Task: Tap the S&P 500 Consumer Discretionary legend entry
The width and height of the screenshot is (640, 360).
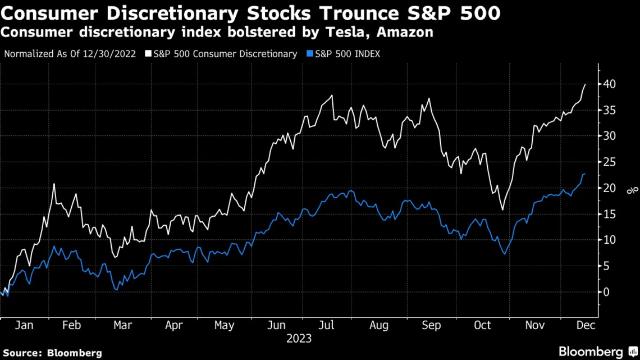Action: tap(224, 54)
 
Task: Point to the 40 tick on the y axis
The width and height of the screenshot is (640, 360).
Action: tap(610, 84)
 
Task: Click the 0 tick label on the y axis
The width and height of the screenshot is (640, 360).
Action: tap(607, 292)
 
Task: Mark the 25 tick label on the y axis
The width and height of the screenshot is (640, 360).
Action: tap(610, 162)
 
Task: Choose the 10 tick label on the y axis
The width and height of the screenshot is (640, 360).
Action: tap(610, 240)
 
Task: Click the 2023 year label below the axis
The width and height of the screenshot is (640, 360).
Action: tap(299, 339)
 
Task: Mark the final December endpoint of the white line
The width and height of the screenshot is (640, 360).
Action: tap(586, 84)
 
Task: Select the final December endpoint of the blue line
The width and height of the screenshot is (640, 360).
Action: tap(586, 174)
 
